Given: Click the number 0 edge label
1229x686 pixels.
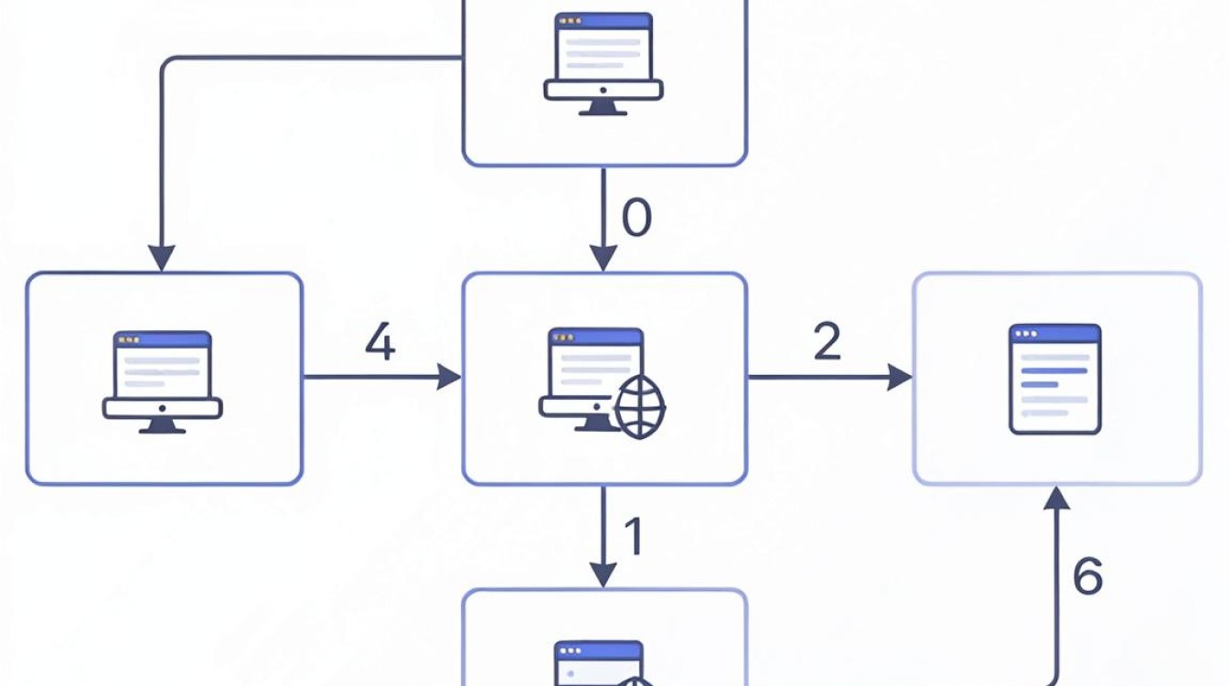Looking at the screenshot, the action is [x=636, y=218].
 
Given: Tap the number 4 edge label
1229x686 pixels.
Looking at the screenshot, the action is [x=380, y=341].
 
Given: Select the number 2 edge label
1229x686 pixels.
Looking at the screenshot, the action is [x=827, y=341].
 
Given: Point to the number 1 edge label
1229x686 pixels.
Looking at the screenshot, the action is [x=634, y=536].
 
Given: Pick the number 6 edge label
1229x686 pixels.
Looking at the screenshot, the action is [x=1087, y=575].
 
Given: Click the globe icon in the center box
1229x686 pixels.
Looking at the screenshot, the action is [x=640, y=407].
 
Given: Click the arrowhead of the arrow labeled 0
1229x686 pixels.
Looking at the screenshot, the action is [x=604, y=258].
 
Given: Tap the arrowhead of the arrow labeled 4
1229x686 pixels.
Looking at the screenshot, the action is [x=449, y=377].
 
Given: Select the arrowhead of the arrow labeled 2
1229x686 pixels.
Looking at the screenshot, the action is [x=900, y=377].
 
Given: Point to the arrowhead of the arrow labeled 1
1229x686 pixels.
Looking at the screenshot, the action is [x=604, y=575].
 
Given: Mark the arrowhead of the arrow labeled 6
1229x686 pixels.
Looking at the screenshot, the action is [x=1056, y=498].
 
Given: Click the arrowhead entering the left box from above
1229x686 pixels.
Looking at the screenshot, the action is [x=162, y=258].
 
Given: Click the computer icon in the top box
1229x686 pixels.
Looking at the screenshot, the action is [x=604, y=64].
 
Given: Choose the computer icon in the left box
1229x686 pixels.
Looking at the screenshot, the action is [x=163, y=382].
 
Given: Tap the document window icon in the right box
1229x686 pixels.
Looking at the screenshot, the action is [x=1055, y=380].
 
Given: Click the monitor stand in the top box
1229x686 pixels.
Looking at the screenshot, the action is [x=603, y=108].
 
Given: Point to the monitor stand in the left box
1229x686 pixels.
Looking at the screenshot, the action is [x=162, y=426].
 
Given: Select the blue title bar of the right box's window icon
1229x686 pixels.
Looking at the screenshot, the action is [x=1055, y=334].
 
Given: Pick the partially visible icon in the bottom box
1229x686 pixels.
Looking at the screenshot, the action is [x=601, y=663].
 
